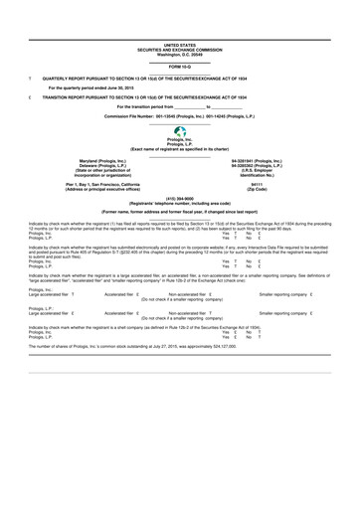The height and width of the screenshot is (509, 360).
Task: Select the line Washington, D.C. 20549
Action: [x=179, y=53]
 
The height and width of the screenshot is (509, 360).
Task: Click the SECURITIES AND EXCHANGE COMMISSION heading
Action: [x=179, y=49]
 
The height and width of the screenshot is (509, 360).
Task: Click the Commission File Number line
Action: [x=180, y=116]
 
